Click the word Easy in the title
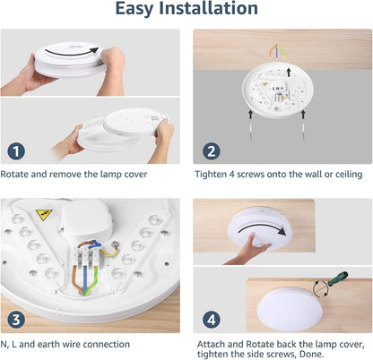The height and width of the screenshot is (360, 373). coord(142,10)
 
